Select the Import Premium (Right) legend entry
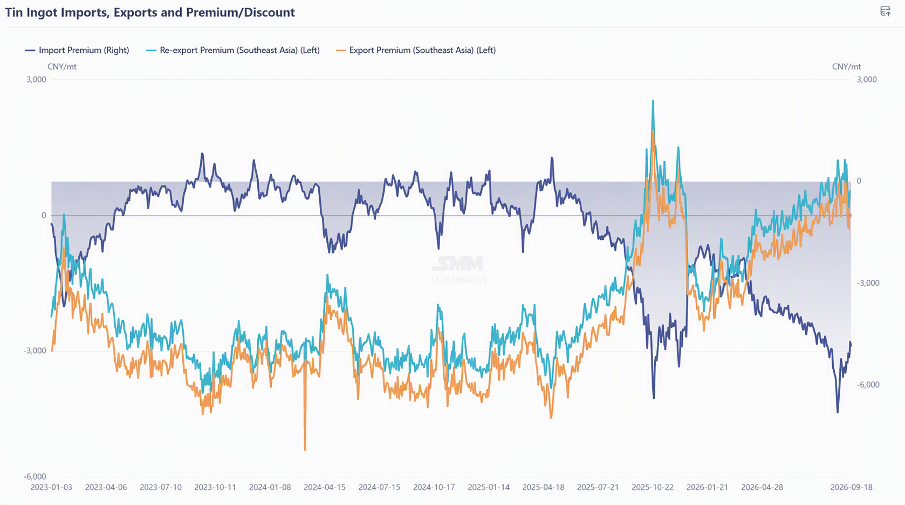77,50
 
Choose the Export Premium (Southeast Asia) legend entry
416,50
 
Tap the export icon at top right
885,11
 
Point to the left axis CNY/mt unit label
62,67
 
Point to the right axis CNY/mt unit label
846,67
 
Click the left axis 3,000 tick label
36,80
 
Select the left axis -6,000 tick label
35,476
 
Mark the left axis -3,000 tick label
35,350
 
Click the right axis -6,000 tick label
868,385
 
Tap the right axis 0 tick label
859,181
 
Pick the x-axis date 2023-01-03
51,487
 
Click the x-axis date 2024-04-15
325,487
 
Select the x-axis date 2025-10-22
653,487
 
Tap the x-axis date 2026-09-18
851,487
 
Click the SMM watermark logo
458,264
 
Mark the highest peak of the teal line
653,101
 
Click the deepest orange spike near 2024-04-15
305,449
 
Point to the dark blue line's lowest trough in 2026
837,412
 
